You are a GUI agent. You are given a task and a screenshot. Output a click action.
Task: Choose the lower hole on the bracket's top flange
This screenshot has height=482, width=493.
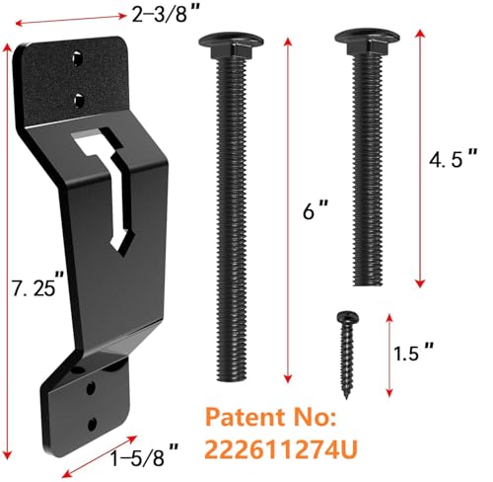(x=79, y=97)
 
